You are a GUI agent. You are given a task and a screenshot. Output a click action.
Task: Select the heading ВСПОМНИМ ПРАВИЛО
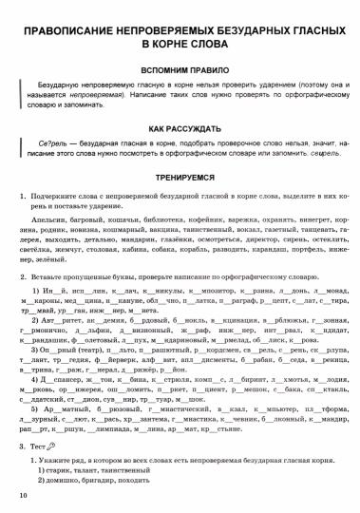pos(180,70)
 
